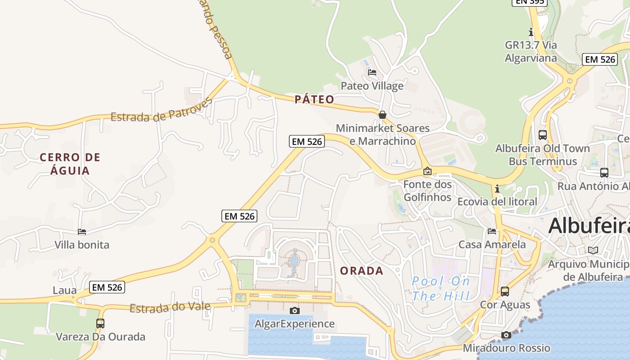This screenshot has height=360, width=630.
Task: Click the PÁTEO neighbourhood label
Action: [315, 99]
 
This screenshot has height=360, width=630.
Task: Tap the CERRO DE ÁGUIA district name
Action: [70, 164]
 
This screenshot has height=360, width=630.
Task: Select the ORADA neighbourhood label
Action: [362, 271]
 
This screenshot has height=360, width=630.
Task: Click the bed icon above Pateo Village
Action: [372, 72]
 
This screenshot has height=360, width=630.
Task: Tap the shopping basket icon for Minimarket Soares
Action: [382, 115]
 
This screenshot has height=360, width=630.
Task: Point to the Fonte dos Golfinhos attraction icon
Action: [427, 171]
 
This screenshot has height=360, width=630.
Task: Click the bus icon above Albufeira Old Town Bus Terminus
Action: [543, 135]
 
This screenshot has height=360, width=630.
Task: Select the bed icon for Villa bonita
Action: [82, 232]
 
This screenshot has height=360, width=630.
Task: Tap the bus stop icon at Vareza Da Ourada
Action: [100, 323]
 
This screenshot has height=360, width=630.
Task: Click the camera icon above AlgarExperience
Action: [295, 310]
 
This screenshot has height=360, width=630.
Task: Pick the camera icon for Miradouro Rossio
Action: [506, 335]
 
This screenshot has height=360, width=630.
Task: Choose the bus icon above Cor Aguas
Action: [505, 291]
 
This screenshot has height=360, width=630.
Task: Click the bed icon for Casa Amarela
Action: [492, 231]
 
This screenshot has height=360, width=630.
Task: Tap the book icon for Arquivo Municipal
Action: [593, 250]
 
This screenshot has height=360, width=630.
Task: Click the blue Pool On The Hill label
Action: [441, 288]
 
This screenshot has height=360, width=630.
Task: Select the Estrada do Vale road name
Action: [170, 308]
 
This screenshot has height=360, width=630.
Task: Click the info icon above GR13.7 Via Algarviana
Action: [531, 32]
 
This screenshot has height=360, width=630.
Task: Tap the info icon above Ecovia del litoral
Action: [497, 188]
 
